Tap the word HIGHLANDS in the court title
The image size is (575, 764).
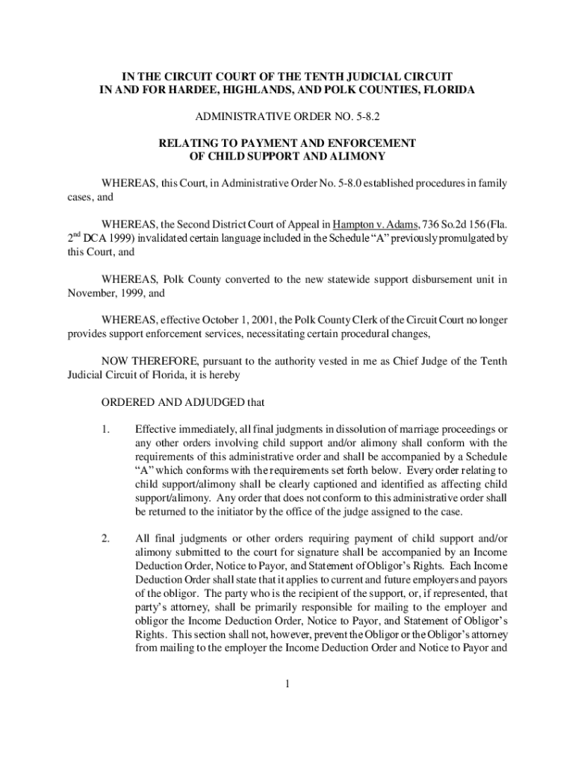pos(248,90)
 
